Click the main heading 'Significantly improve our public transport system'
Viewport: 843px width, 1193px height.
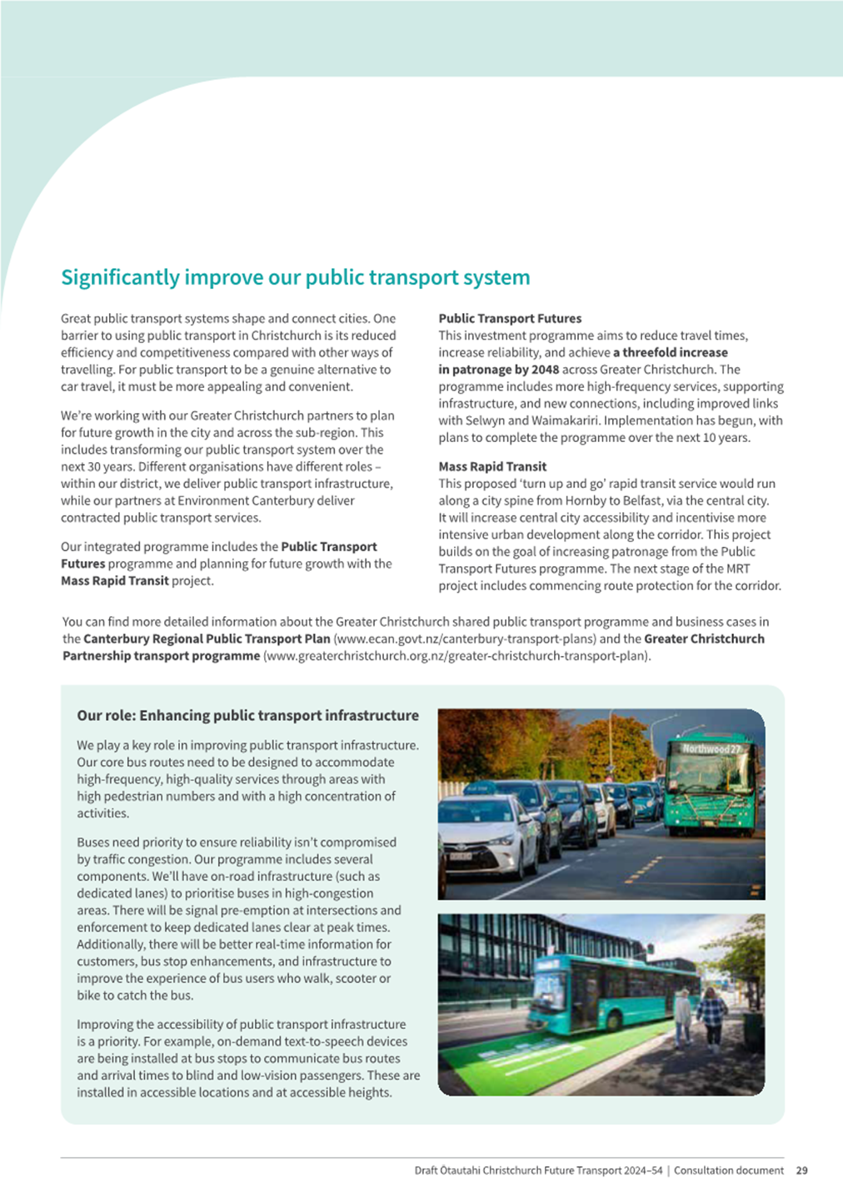pyautogui.click(x=295, y=277)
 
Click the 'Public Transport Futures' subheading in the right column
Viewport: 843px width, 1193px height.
pyautogui.click(x=510, y=318)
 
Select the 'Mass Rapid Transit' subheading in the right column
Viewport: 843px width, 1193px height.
pyautogui.click(x=492, y=466)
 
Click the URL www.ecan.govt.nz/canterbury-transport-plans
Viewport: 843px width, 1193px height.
pyautogui.click(x=465, y=639)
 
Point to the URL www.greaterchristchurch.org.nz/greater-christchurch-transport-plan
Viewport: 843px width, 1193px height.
pyautogui.click(x=456, y=656)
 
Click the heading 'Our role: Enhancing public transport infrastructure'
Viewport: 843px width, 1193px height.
pyautogui.click(x=247, y=715)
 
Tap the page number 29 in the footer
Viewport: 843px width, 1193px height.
pyautogui.click(x=801, y=1170)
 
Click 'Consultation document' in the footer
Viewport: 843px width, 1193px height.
pyautogui.click(x=728, y=1170)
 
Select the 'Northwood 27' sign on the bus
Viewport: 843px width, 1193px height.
pyautogui.click(x=711, y=748)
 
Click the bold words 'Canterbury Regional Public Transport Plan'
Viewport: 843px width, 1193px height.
pyautogui.click(x=207, y=639)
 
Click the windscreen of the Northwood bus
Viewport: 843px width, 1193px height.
pyautogui.click(x=711, y=774)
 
